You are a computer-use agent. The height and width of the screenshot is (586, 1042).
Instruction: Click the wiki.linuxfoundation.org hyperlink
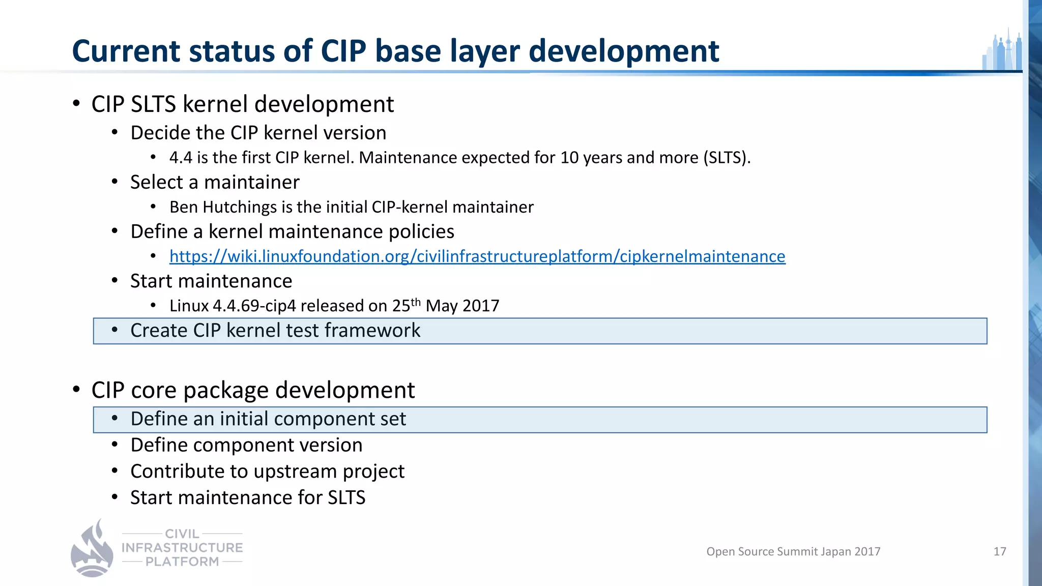pyautogui.click(x=477, y=256)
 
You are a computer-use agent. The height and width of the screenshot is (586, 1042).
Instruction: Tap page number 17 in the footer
pyautogui.click(x=999, y=551)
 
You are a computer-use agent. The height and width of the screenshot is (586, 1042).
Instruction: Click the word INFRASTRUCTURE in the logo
pyautogui.click(x=182, y=548)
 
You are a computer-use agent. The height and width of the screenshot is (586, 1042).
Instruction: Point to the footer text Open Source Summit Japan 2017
pyautogui.click(x=793, y=551)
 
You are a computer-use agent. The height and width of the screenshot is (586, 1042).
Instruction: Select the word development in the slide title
pyautogui.click(x=624, y=51)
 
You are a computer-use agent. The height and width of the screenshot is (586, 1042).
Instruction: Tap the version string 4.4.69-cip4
pyautogui.click(x=254, y=306)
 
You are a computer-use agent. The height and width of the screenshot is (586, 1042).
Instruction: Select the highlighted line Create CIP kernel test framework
pyautogui.click(x=275, y=331)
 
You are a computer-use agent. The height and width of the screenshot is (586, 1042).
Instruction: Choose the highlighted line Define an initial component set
pyautogui.click(x=268, y=419)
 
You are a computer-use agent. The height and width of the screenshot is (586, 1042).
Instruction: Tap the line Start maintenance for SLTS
pyautogui.click(x=248, y=497)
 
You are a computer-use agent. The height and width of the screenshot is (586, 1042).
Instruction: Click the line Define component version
pyautogui.click(x=246, y=445)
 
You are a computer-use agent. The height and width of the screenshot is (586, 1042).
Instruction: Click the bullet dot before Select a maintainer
pyautogui.click(x=115, y=182)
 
